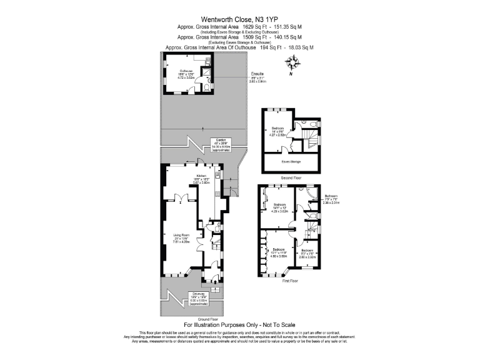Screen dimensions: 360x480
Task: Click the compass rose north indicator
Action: click(x=291, y=63)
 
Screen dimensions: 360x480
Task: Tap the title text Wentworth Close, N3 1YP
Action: click(x=240, y=19)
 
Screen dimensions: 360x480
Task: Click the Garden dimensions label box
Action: click(x=221, y=145)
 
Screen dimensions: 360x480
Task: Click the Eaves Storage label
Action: click(x=291, y=162)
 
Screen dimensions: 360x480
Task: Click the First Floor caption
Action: click(x=291, y=281)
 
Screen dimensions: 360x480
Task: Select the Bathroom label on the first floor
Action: click(x=331, y=199)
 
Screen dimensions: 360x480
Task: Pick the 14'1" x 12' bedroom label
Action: click(x=279, y=208)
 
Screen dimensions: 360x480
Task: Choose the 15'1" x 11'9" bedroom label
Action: click(x=278, y=252)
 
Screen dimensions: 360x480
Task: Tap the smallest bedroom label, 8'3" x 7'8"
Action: click(x=308, y=254)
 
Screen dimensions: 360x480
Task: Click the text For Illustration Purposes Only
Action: click(x=239, y=325)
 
